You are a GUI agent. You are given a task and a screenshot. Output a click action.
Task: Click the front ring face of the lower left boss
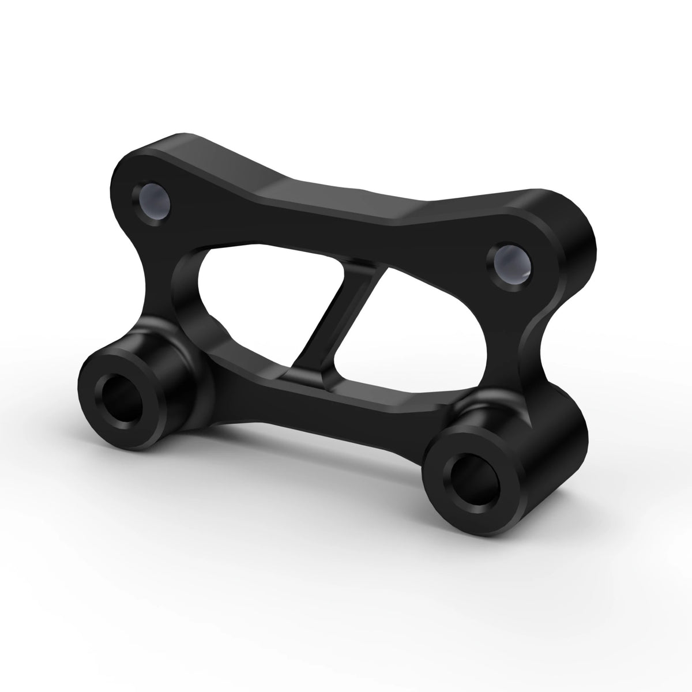(x=95, y=386)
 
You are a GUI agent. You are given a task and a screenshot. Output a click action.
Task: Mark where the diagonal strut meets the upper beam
(x=369, y=268)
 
